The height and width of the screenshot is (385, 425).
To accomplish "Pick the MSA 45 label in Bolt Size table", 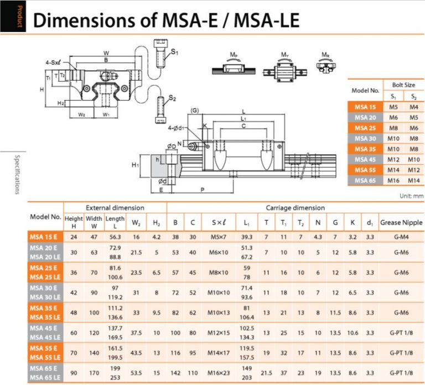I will coord(366,159).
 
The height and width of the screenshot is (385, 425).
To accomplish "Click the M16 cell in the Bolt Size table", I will coord(393,180).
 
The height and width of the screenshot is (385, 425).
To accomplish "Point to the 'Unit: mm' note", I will coord(411,195).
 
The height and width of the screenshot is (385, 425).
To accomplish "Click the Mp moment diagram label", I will coord(234,55).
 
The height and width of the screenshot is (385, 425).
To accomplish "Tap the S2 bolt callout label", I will coord(173,98).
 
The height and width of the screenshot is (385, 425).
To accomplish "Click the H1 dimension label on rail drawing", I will coord(135,165).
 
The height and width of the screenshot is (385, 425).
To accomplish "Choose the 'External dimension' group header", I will coord(115,208).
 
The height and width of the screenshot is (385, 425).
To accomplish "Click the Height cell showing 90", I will coord(73,372).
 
